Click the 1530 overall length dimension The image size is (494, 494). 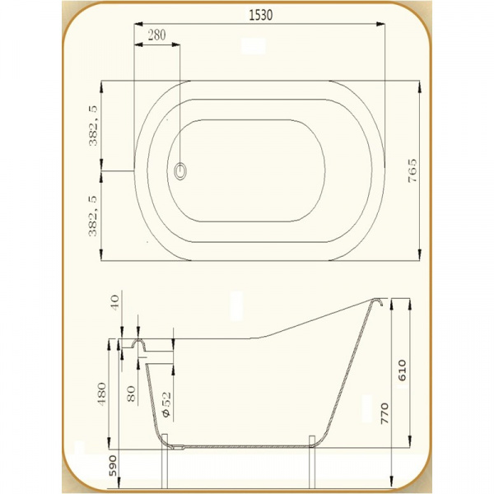pyautogui.click(x=261, y=15)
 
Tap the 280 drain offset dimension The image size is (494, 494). pyautogui.click(x=156, y=35)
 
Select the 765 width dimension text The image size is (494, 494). pyautogui.click(x=412, y=170)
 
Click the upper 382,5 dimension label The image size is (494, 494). pyautogui.click(x=93, y=126)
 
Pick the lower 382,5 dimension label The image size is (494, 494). pyautogui.click(x=93, y=216)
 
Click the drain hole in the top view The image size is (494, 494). pyautogui.click(x=180, y=171)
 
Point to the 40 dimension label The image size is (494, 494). pyautogui.click(x=114, y=302)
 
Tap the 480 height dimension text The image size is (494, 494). pyautogui.click(x=102, y=394)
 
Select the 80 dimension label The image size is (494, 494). pyautogui.click(x=131, y=394)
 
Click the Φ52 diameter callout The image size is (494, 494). pyautogui.click(x=166, y=404)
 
